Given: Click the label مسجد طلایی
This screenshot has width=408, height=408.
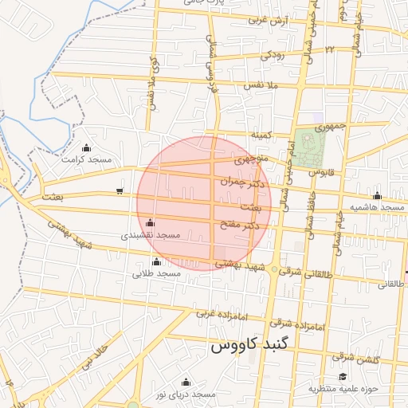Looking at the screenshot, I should [x=157, y=273].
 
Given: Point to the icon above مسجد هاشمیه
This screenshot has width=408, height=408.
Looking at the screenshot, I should [x=377, y=195].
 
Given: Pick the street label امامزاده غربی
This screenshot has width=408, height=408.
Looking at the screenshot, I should [x=218, y=313].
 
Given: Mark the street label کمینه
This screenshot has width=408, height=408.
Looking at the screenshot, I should [x=263, y=136].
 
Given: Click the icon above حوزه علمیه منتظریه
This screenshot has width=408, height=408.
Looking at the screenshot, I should [x=343, y=377].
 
